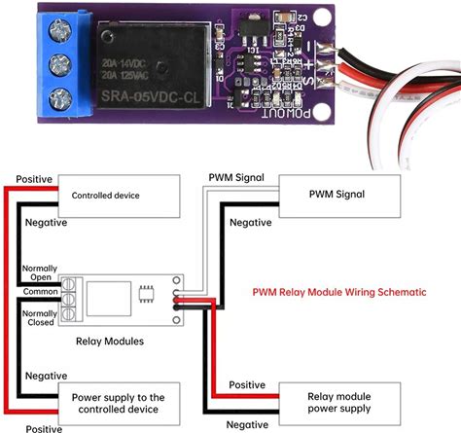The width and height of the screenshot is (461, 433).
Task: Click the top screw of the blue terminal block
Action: point(60,32)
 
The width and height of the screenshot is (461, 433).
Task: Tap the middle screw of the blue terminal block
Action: point(60,65)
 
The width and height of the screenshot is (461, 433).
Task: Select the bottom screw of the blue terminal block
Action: point(60,98)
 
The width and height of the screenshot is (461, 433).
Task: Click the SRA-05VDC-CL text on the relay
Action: point(151,96)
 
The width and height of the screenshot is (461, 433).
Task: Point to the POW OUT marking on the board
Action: point(286,113)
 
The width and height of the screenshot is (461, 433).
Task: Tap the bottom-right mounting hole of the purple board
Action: point(322,110)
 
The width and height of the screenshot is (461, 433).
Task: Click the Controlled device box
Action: point(119,197)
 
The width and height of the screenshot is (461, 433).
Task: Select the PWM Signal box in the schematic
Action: point(339,197)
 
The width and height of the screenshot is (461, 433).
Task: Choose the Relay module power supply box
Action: point(339,404)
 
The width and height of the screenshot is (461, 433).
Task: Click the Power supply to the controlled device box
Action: point(119,404)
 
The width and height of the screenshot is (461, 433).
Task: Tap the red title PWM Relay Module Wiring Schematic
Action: point(339,292)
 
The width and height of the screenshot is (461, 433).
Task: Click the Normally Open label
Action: point(40,272)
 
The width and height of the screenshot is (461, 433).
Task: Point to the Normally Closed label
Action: point(40,318)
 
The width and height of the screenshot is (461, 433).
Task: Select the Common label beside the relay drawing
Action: point(40,292)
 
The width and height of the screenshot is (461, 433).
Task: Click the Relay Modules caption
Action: point(110,342)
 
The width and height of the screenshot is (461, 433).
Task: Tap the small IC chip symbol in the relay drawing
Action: point(146,294)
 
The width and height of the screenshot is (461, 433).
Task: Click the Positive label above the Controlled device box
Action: point(34,179)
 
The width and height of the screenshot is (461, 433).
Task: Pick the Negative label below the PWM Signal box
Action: point(251,223)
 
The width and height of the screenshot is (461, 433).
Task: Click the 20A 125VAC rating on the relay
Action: point(125,76)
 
